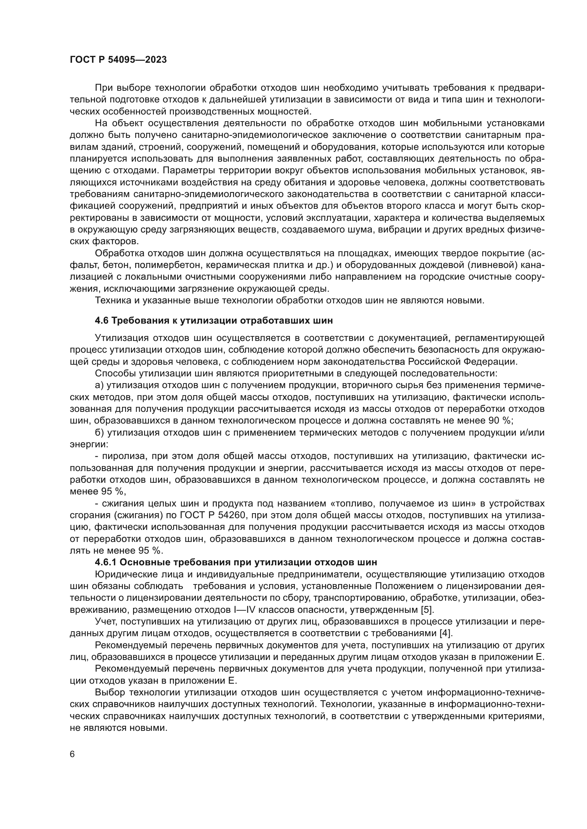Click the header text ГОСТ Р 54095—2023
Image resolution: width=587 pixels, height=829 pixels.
(118, 60)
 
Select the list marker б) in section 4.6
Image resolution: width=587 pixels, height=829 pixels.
(99, 432)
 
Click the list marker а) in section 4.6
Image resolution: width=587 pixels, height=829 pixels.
(99, 385)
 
